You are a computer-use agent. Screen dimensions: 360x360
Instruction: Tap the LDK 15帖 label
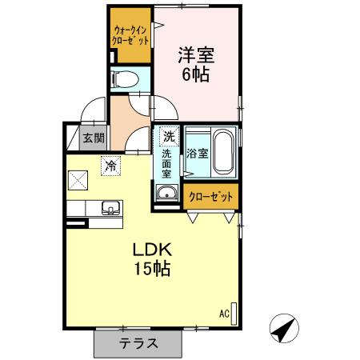coord(152,259)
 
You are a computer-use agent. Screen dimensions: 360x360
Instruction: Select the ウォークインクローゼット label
coord(129,35)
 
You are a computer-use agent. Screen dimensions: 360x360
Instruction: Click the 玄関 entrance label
coord(94,138)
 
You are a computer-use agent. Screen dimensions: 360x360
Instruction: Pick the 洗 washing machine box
coord(167,135)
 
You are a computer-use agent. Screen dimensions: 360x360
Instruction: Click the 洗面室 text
coord(167,162)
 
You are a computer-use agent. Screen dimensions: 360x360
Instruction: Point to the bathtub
coord(223,153)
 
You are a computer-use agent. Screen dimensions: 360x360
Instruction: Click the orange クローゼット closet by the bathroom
coord(211,196)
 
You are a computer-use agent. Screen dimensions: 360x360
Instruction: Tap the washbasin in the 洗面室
coord(167,192)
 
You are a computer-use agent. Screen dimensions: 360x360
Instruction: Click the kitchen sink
coord(108,209)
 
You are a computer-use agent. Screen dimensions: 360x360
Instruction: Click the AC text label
coord(223,313)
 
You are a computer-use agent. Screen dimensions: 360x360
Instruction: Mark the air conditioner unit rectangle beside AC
coord(234,312)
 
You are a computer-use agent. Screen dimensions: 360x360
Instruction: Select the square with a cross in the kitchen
coord(78,181)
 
